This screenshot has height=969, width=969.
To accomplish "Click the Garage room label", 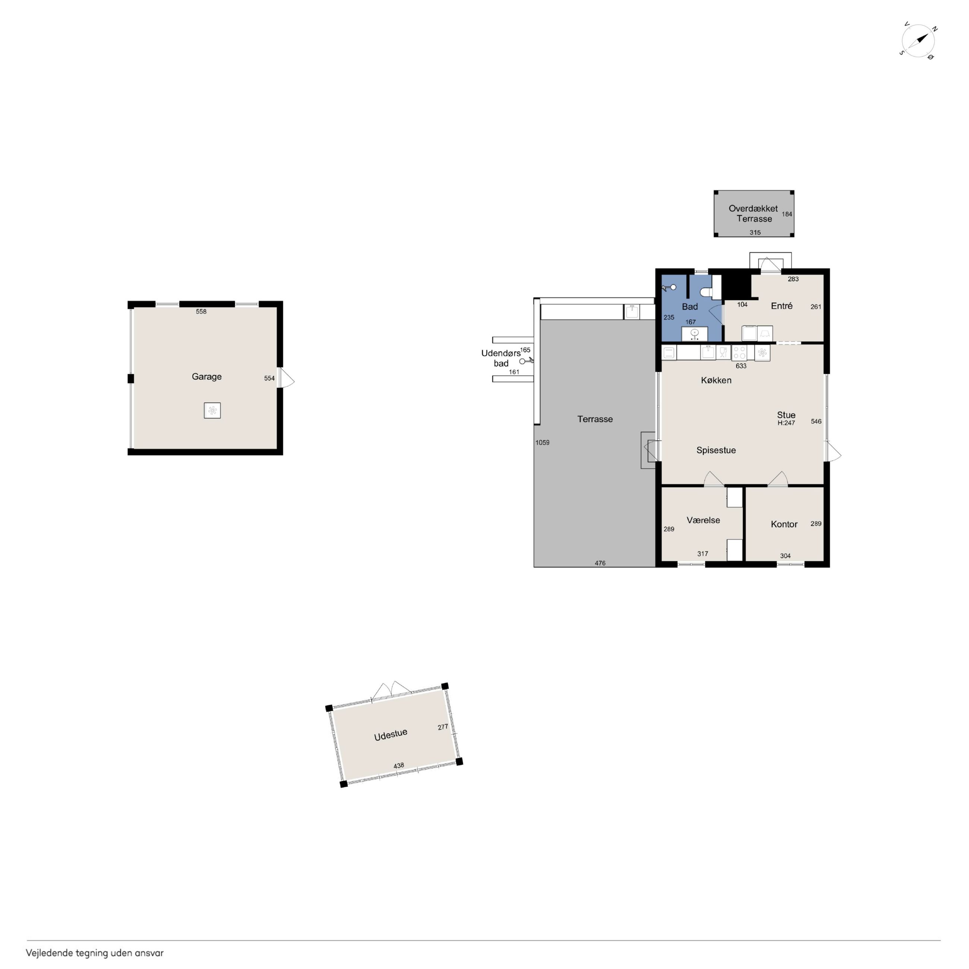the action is tap(206, 377).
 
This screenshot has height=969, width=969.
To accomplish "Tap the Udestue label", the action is tap(391, 735).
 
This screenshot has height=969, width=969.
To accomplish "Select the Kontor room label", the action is tap(784, 524).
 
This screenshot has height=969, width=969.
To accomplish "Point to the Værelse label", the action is tap(703, 520).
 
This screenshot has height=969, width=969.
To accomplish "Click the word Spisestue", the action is tap(716, 450).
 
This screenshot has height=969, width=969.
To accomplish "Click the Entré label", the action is tap(782, 306).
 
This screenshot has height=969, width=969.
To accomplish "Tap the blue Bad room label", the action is tap(689, 306).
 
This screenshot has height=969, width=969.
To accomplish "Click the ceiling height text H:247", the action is tap(786, 423).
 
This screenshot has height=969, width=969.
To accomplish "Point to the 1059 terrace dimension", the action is tap(542, 442).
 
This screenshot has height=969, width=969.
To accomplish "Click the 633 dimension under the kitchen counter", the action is tap(741, 366).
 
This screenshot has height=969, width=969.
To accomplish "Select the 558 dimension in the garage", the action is tap(201, 312).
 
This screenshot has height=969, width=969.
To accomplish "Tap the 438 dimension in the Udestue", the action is tap(399, 766).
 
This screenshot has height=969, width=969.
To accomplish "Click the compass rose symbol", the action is tap(918, 41).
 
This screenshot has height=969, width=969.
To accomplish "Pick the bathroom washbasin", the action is tap(695, 333).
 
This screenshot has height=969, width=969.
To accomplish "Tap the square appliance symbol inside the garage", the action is tap(212, 410).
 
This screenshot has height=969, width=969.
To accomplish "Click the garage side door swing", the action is tap(286, 378).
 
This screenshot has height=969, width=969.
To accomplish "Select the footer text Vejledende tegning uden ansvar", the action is tap(95, 953).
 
